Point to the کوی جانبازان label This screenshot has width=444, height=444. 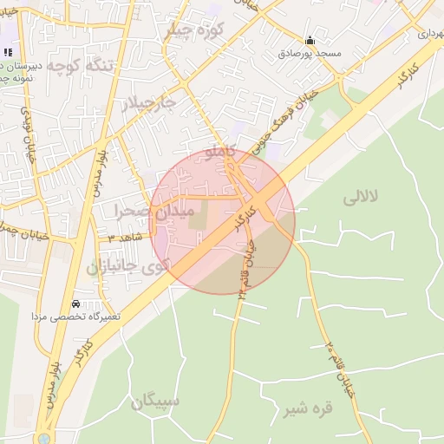coord(127,265)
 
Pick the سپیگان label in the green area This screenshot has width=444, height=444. coord(155,402)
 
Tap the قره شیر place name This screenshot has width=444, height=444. coord(310,408)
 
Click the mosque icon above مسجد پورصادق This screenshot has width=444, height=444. coord(310,40)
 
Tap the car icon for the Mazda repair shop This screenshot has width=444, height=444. coord(76,304)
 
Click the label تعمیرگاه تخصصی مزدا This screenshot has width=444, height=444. coord(76,317)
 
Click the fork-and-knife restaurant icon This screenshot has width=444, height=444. coord(8,53)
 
